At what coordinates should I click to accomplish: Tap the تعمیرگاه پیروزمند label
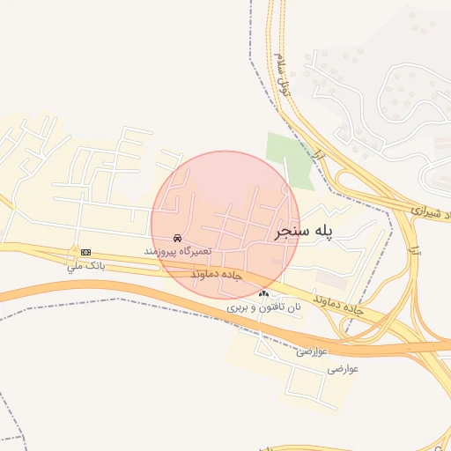pos(178,251)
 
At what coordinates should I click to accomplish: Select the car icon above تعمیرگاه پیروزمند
pos(178,239)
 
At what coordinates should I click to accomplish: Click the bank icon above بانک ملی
pos(85,252)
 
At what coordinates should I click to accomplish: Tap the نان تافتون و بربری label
pos(264,307)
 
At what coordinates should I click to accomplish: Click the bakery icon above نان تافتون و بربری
pos(264,293)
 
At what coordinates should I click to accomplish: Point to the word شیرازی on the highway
pos(426,211)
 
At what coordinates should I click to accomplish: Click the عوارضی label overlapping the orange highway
pos(311,351)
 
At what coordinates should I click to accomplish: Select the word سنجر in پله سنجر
pos(288,232)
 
